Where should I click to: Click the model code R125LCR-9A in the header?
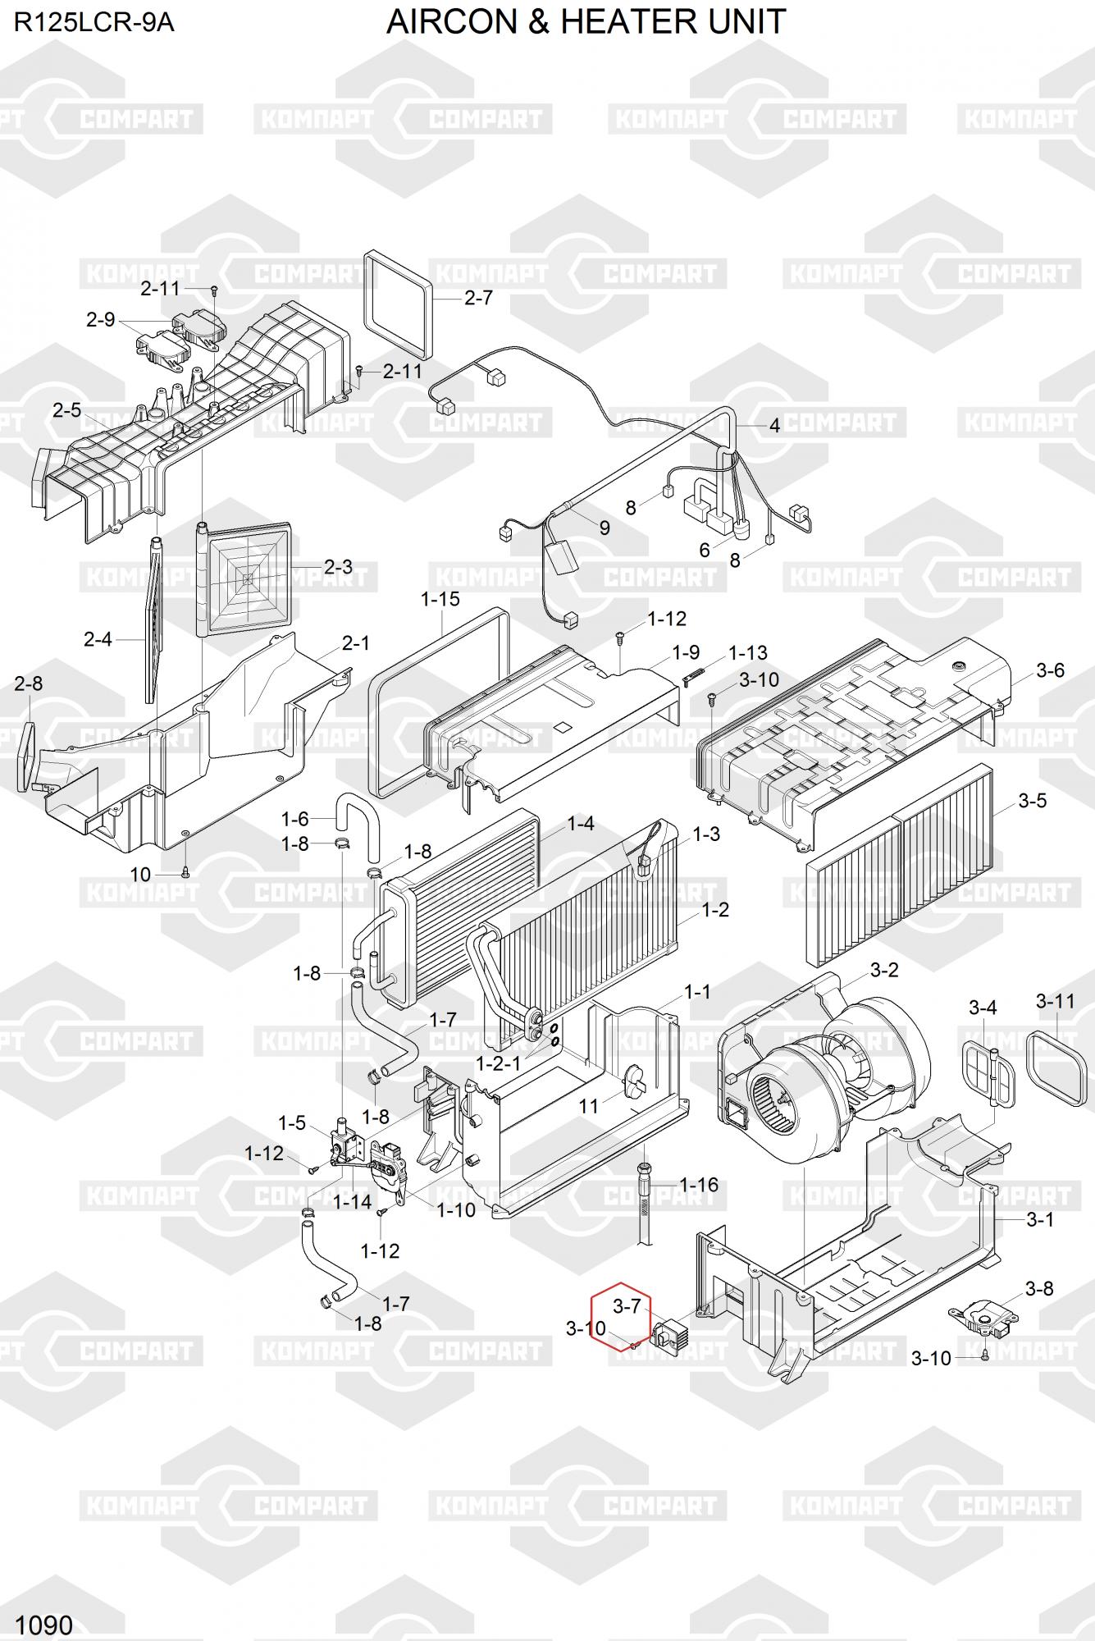[x=94, y=22]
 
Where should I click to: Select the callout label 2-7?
[x=478, y=298]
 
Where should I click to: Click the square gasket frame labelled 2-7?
[x=397, y=299]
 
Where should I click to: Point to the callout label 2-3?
[x=338, y=567]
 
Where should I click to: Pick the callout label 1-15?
[x=440, y=600]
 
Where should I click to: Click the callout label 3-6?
[x=1050, y=670]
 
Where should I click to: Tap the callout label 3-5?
[x=1032, y=800]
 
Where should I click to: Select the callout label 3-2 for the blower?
[x=884, y=970]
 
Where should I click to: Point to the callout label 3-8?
[x=1039, y=1288]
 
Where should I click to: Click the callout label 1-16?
[x=699, y=1185]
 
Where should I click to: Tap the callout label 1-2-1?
[x=499, y=1063]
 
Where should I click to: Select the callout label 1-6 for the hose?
[x=295, y=819]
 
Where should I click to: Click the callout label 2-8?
[x=29, y=683]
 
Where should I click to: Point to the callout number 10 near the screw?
[x=141, y=875]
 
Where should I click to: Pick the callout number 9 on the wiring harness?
[x=605, y=528]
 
